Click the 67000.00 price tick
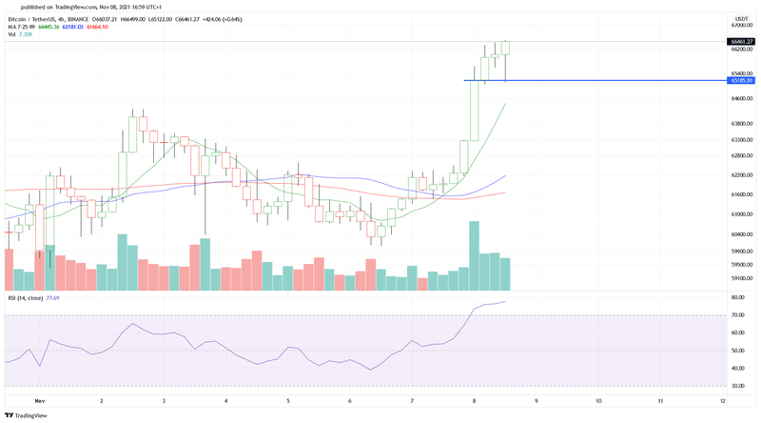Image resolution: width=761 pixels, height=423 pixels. tap(741, 25)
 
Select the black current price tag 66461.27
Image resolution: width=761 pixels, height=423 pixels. tap(741, 42)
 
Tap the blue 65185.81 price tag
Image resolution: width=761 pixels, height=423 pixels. tap(741, 81)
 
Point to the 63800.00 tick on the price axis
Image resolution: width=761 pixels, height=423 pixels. tap(741, 123)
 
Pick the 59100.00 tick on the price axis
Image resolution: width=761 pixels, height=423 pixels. tap(741, 279)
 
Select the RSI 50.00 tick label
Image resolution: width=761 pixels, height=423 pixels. tap(738, 351)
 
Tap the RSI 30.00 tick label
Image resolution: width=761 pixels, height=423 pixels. tap(738, 386)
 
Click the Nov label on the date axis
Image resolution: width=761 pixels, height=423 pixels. tap(39, 402)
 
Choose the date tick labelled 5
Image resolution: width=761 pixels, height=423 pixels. tap(287, 402)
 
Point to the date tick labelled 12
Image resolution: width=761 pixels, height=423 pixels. tap(724, 402)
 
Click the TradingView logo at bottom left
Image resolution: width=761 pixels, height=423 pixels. tap(26, 415)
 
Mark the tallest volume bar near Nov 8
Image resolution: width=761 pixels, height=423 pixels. tap(473, 255)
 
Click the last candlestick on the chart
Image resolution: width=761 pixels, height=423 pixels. tap(506, 49)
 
